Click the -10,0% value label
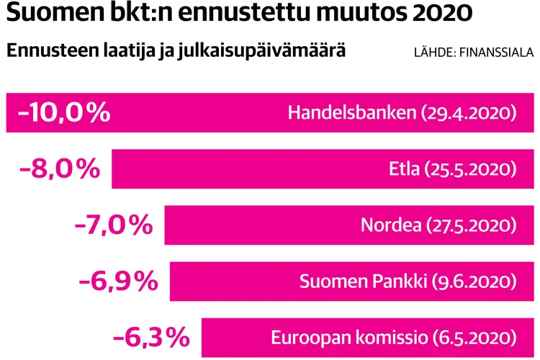click(x=63, y=113)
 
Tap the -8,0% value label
click(x=61, y=169)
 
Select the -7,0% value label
click(x=114, y=225)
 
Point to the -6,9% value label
click(x=119, y=282)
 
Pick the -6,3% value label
click(x=151, y=337)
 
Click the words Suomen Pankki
click(x=363, y=282)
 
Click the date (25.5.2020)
click(x=470, y=169)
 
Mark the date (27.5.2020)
click(x=470, y=225)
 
